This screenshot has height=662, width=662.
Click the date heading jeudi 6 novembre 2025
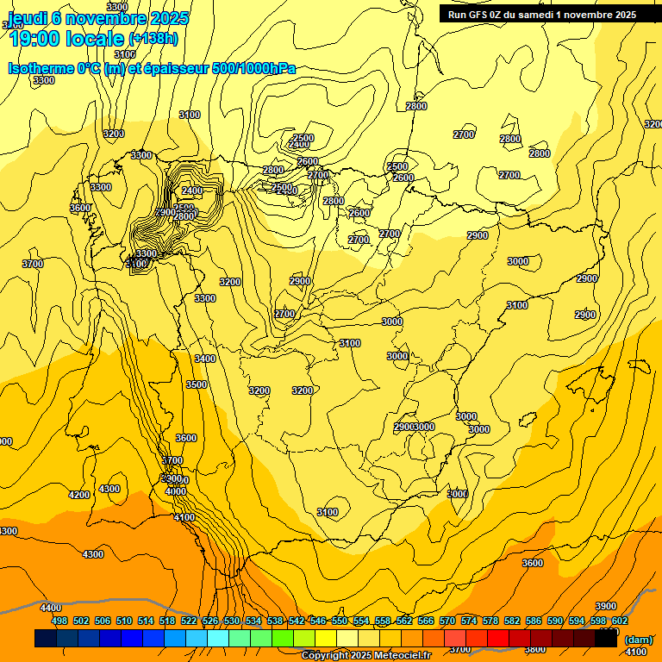[98, 18]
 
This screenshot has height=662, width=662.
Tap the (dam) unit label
[639, 640]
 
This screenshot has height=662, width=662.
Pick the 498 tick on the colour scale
[59, 621]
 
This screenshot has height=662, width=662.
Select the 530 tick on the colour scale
[232, 621]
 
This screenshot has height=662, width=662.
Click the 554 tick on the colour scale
[361, 621]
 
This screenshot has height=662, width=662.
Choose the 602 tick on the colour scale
[620, 621]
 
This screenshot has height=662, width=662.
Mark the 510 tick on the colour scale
[124, 621]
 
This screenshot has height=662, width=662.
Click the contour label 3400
[205, 359]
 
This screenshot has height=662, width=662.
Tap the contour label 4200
[79, 495]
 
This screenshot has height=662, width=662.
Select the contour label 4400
[51, 609]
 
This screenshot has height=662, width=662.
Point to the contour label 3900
[606, 607]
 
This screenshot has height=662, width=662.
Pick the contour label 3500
[197, 384]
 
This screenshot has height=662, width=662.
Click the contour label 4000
[176, 491]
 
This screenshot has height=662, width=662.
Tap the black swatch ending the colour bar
[606, 639]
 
